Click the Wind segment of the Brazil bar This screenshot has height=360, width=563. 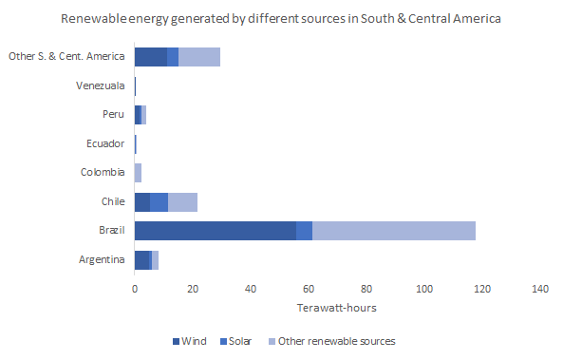216,231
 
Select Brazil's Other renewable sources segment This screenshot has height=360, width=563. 393,231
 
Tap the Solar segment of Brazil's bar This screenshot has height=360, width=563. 304,231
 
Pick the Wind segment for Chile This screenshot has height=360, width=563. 142,201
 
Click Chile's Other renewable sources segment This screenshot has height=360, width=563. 182,201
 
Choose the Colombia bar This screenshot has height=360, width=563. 138,173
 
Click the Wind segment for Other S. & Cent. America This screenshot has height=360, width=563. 150,57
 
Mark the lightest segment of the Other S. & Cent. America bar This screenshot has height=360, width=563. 199,57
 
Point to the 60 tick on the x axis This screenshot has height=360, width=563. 309,289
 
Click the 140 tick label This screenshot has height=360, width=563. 540,289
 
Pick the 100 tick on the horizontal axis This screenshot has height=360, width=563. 424,289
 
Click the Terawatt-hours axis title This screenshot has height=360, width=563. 337,309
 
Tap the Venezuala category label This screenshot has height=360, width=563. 101,86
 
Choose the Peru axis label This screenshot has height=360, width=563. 113,115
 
